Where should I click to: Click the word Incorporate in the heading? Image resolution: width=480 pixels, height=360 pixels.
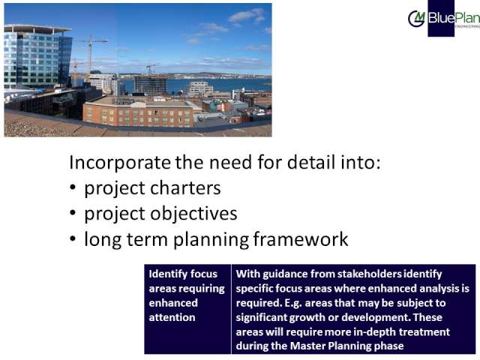point(120,162)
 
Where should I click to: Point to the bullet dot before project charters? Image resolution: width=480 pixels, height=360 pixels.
point(73,187)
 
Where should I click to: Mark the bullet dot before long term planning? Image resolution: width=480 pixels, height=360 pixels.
point(73,238)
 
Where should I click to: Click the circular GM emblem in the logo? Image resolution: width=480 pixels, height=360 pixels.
point(416,19)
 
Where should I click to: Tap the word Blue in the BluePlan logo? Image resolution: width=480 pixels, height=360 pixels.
point(441,18)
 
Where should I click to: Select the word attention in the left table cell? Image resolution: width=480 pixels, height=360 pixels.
point(172,317)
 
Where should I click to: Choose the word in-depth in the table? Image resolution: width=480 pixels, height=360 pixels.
point(375,332)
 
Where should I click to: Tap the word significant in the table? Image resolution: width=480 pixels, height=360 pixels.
point(261,318)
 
